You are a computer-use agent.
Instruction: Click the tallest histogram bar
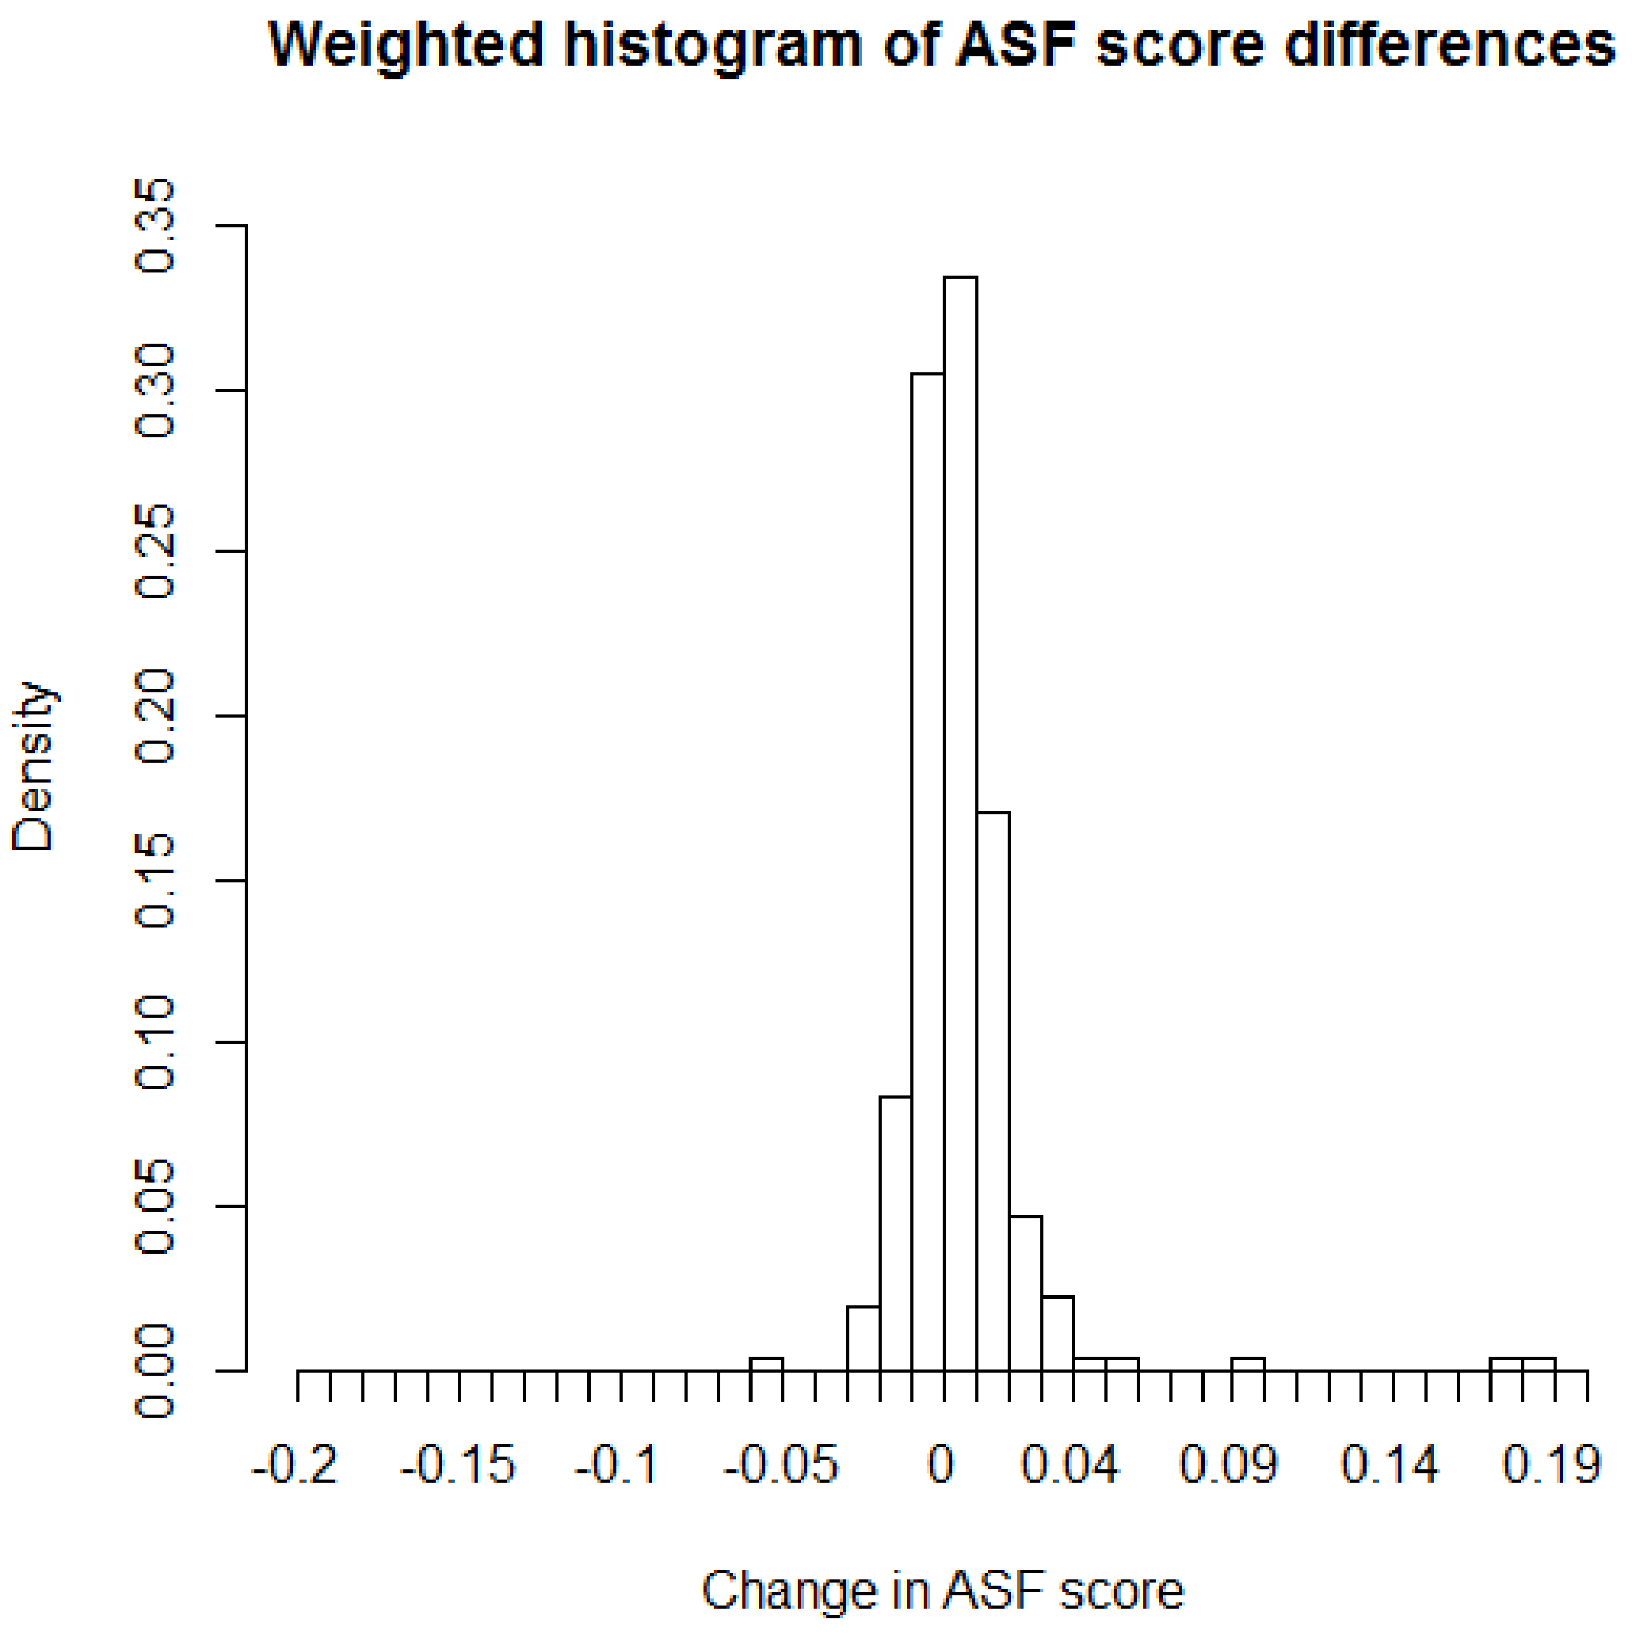(960, 822)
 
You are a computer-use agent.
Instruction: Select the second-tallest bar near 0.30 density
(928, 874)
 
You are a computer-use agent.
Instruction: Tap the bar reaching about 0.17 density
(993, 1094)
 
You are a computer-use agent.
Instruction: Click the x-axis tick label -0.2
(295, 1465)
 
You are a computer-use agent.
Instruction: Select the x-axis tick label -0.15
(458, 1465)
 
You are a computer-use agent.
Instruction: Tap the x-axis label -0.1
(616, 1465)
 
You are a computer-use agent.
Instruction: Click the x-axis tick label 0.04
(1070, 1465)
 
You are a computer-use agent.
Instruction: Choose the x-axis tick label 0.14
(1390, 1465)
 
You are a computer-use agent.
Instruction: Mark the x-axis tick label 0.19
(1552, 1465)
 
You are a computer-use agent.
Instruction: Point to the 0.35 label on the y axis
(156, 226)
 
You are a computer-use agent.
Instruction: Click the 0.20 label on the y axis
(156, 716)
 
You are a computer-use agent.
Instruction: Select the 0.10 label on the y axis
(156, 1043)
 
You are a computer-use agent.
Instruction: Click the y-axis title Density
(34, 766)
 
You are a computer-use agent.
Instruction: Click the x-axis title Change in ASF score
(943, 1592)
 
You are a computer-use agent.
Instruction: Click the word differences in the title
(1450, 44)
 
